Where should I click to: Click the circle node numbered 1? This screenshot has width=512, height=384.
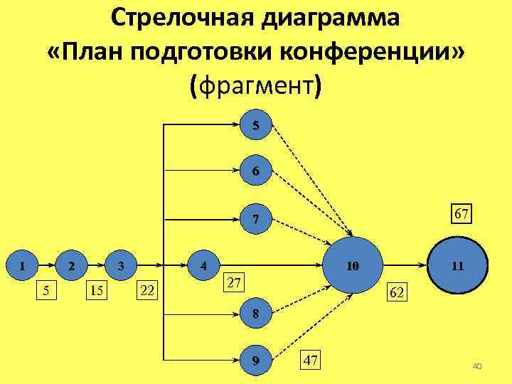pyautogui.click(x=23, y=266)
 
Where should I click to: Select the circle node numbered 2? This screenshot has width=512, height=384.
pyautogui.click(x=70, y=266)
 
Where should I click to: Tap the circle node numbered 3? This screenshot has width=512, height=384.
pyautogui.click(x=121, y=266)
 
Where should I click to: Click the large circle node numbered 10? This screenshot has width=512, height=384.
pyautogui.click(x=352, y=266)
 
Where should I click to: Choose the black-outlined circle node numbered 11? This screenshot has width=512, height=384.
pyautogui.click(x=457, y=266)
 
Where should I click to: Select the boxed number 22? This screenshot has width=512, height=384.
pyautogui.click(x=149, y=289)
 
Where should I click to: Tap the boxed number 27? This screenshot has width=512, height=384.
pyautogui.click(x=235, y=282)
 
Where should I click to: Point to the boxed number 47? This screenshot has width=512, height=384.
pyautogui.click(x=310, y=359)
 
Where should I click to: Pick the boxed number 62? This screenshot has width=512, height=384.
pyautogui.click(x=397, y=292)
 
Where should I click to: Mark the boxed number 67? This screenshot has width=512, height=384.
pyautogui.click(x=462, y=213)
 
